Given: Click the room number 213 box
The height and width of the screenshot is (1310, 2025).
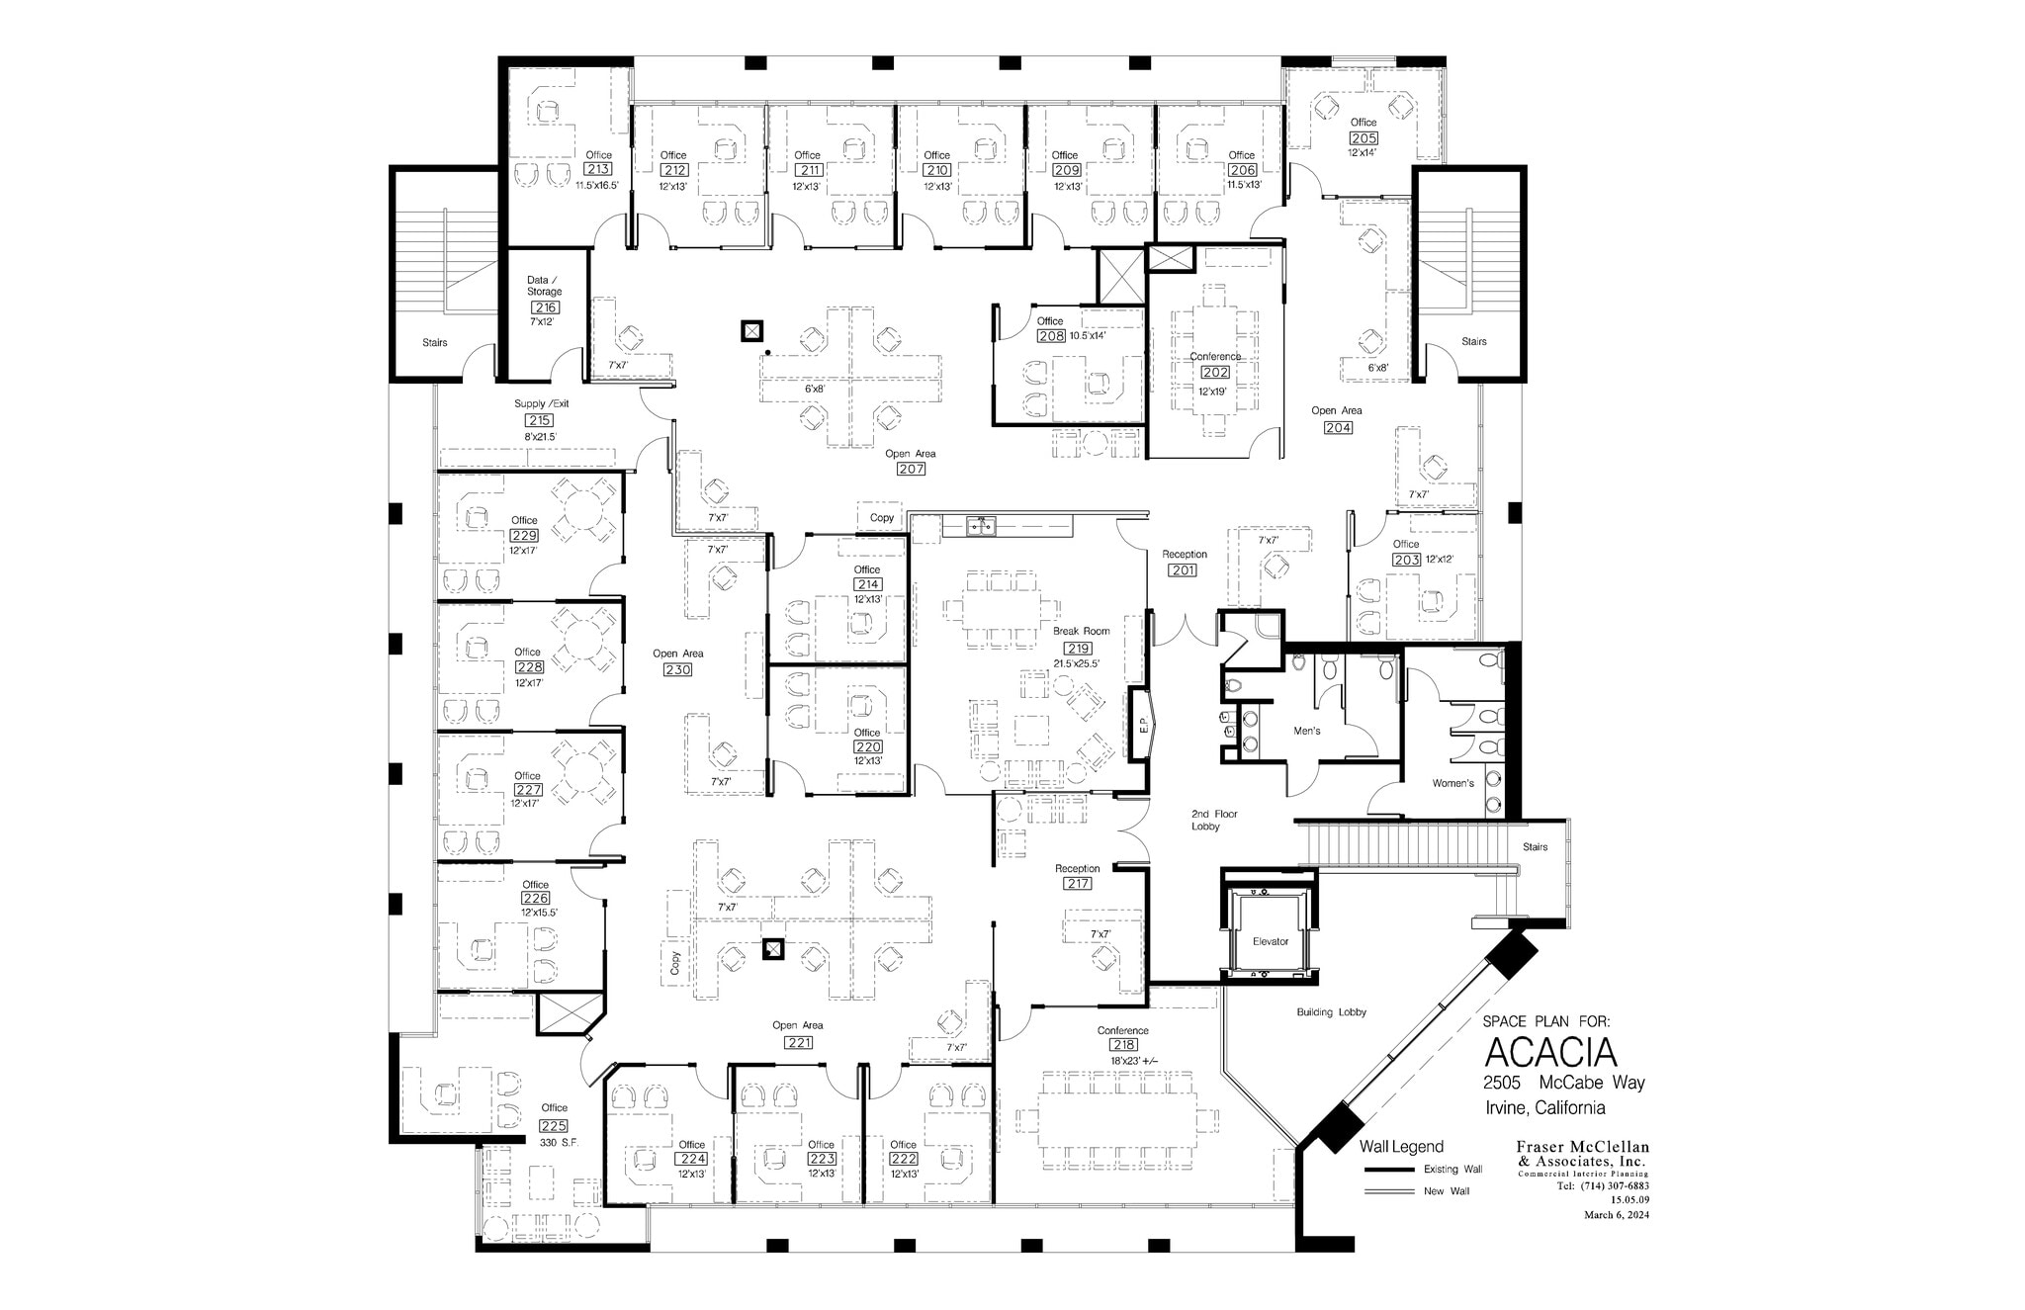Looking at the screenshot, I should click(x=598, y=169).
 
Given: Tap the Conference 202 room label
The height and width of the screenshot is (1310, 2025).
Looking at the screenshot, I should click(x=1215, y=357).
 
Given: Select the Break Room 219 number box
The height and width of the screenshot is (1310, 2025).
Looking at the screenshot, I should click(x=1078, y=649).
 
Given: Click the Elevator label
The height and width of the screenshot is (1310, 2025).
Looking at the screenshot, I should click(x=1271, y=941).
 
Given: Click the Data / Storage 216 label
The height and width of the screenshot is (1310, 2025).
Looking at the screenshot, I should click(x=544, y=286).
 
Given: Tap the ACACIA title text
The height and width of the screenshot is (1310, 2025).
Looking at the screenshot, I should click(x=1550, y=1051).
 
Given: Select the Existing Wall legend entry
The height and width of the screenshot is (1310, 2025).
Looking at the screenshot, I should click(x=1453, y=1170).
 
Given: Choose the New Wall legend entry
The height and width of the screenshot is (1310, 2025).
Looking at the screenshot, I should click(x=1446, y=1191).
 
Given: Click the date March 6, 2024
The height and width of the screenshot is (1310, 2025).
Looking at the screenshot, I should click(x=1616, y=1215).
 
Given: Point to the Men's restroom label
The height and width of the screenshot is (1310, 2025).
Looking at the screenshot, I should click(x=1307, y=732).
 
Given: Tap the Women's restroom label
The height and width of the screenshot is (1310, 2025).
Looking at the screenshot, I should click(x=1453, y=783).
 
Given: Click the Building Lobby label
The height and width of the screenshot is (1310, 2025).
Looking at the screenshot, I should click(x=1331, y=1012).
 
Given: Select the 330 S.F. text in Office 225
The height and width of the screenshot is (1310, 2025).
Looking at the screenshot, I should click(x=558, y=1142).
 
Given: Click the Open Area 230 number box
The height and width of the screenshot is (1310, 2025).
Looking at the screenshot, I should click(x=678, y=669).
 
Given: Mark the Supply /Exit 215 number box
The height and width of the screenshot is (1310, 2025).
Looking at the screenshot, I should click(x=539, y=420).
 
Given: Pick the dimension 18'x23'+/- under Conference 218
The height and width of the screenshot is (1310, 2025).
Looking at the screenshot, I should click(x=1133, y=1061).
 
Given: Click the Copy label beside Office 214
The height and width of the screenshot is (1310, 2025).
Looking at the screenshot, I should click(x=882, y=518).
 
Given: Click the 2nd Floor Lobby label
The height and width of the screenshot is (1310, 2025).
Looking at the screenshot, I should click(x=1213, y=820).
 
